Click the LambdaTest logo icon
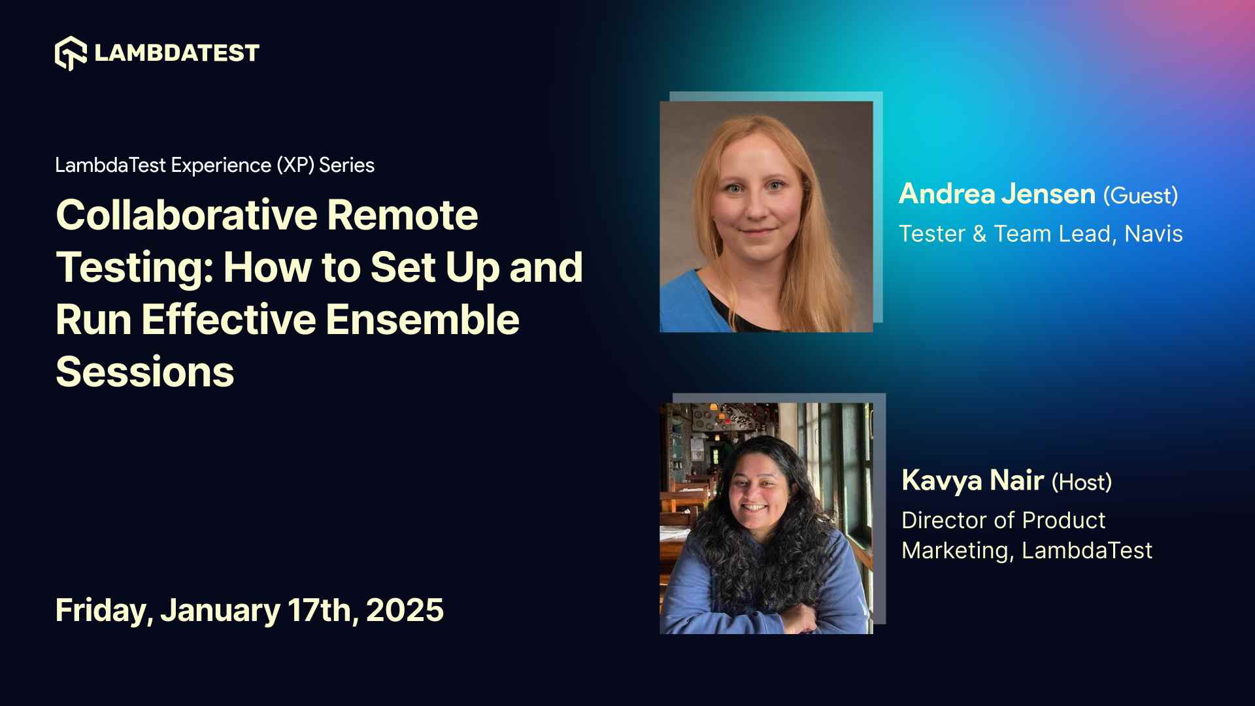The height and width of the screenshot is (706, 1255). point(71,53)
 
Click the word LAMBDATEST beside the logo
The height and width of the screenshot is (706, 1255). point(176,53)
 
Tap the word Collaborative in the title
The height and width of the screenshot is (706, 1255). point(186,215)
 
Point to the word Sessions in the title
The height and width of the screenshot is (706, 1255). point(144,372)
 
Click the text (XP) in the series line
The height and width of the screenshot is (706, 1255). point(295,165)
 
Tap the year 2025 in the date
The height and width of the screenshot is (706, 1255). point(405,610)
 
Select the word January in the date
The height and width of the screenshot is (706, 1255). point(220,610)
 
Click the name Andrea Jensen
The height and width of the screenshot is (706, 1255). point(996,194)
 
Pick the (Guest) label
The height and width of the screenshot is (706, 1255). point(1141,195)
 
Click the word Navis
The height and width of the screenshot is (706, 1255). point(1153,234)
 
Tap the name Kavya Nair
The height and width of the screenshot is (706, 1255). point(972,480)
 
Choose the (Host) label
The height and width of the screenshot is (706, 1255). point(1081,482)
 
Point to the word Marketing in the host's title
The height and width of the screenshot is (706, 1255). point(957,550)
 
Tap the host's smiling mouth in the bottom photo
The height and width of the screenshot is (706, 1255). point(754,507)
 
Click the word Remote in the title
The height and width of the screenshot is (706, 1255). point(402,215)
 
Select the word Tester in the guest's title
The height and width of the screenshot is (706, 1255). point(931,234)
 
